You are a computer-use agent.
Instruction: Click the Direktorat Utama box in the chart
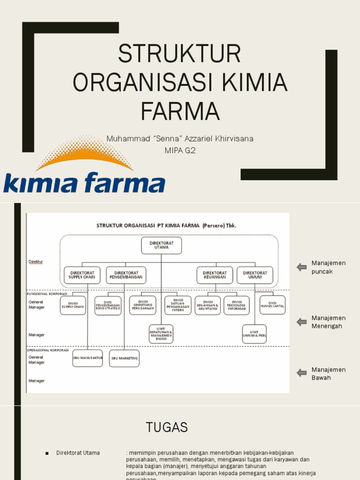click(x=161, y=245)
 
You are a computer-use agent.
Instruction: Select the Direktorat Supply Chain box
click(x=82, y=275)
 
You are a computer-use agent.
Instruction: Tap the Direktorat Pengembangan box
click(x=126, y=275)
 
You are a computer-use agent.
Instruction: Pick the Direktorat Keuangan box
click(x=215, y=275)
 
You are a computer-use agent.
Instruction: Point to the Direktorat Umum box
click(x=255, y=275)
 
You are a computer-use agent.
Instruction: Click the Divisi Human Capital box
click(x=272, y=305)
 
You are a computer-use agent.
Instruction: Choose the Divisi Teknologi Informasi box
click(x=237, y=305)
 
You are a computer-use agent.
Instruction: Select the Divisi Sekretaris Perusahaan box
click(x=143, y=305)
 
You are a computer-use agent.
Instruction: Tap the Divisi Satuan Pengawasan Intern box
click(x=178, y=305)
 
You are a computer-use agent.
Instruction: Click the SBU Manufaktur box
click(x=88, y=358)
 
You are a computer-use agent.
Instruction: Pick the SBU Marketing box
click(x=124, y=358)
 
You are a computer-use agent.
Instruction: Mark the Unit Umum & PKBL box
click(x=255, y=334)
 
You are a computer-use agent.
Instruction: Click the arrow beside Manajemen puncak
click(x=301, y=267)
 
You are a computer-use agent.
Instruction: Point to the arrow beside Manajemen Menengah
click(x=301, y=322)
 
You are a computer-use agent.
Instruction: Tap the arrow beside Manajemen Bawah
click(x=301, y=373)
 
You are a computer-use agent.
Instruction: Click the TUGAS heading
click(x=166, y=427)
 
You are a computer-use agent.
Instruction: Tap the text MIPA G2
click(x=180, y=150)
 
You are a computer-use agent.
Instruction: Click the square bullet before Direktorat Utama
click(x=47, y=453)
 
